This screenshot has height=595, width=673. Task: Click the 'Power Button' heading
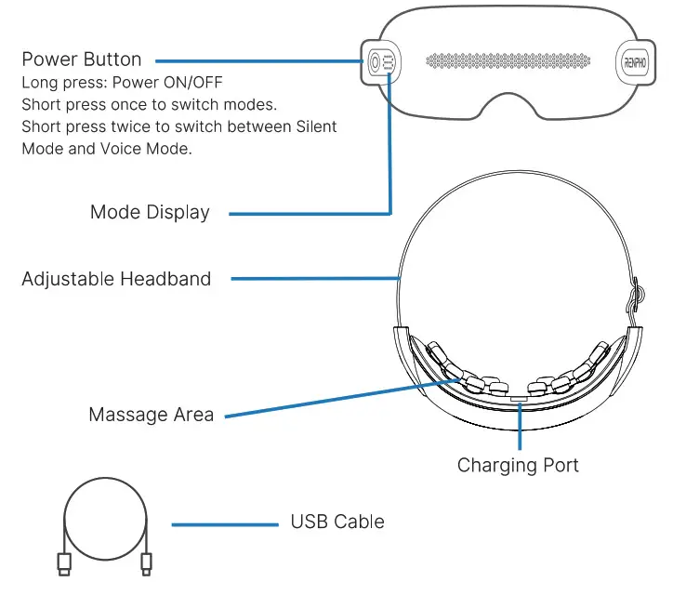tap(82, 59)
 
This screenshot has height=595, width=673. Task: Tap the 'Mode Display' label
tap(150, 212)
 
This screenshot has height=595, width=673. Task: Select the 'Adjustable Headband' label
tap(116, 278)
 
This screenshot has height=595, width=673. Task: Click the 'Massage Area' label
tap(151, 415)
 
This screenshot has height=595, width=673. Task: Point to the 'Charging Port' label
tap(518, 465)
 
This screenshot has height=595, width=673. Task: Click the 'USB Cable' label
tap(337, 522)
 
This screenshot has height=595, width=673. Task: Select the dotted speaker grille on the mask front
tap(509, 62)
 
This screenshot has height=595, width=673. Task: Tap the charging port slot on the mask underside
tap(519, 399)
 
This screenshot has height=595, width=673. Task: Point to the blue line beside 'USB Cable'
tap(225, 524)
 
